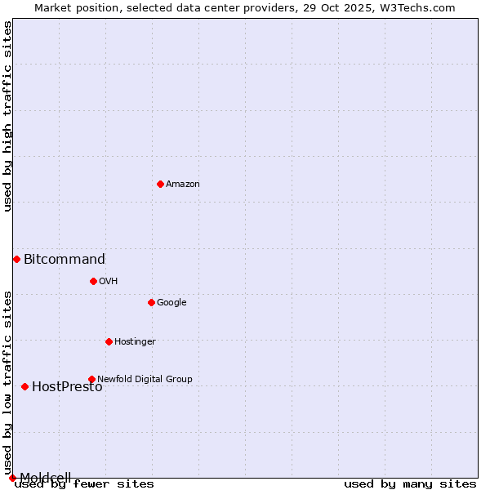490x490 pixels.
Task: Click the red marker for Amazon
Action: [x=160, y=184]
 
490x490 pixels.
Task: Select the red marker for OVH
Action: [x=93, y=281]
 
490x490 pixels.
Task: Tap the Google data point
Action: [x=151, y=302]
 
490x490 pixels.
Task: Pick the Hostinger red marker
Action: [x=109, y=341]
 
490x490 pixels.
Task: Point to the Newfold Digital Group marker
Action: [x=91, y=379]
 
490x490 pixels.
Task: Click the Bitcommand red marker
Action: [x=16, y=259]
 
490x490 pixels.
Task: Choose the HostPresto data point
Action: [x=24, y=386]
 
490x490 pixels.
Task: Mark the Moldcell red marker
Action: [x=12, y=478]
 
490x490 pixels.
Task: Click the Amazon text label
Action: [x=183, y=185]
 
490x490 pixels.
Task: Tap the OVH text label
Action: [x=109, y=282]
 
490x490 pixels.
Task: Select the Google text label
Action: [x=171, y=303]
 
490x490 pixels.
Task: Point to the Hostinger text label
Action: [x=135, y=342]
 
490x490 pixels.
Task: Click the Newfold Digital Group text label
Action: [x=145, y=379]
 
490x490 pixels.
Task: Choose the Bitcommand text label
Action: [x=65, y=260]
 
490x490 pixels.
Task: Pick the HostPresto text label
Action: [x=67, y=387]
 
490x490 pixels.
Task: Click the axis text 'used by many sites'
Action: [x=410, y=484]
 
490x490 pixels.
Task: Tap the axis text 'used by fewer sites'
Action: [x=85, y=484]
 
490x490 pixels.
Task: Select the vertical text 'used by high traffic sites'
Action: [x=8, y=116]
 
